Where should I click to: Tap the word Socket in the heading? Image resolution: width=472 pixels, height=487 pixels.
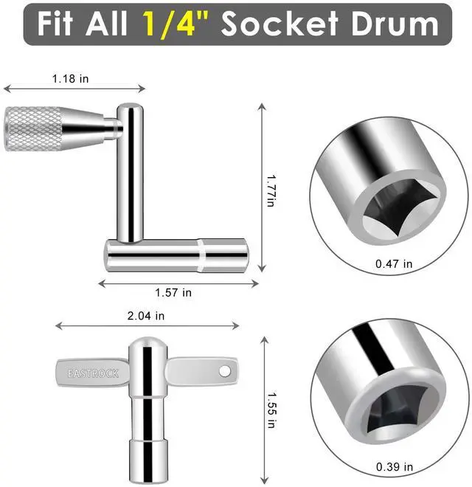coord(280,24)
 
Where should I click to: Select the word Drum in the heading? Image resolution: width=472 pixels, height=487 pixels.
coord(395,24)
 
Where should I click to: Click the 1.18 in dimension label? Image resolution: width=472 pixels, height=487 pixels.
coord(70,78)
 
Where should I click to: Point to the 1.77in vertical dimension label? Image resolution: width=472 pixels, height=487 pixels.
coord(271,190)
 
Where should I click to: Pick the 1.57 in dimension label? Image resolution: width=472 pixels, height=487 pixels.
coord(173,292)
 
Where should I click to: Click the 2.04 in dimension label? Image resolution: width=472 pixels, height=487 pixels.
coord(145,316)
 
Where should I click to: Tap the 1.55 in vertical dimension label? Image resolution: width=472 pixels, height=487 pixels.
coord(272,410)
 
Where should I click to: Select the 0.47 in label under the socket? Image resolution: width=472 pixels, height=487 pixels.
coord(394,263)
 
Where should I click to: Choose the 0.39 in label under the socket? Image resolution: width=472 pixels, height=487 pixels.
coord(395,466)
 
